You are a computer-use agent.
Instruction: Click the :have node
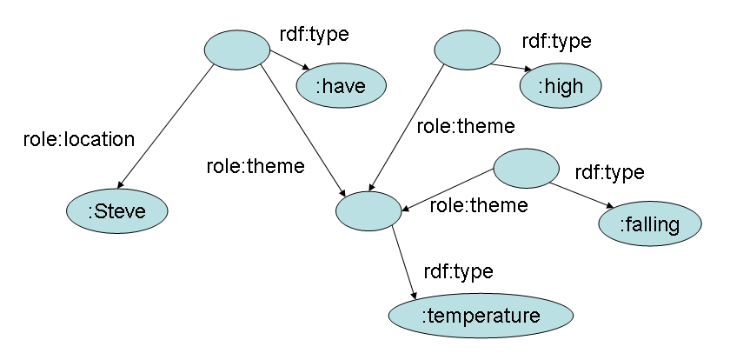tap(342, 84)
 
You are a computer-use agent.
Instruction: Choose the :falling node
tap(650, 224)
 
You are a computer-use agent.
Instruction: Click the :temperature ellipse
tap(481, 316)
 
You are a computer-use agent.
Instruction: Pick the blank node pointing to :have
tap(237, 49)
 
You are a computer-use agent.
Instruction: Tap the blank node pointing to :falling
tap(527, 168)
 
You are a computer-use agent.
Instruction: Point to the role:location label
tap(79, 138)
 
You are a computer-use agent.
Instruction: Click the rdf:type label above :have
tap(314, 35)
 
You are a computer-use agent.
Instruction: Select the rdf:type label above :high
tap(556, 41)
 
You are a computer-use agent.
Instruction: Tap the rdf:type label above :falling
tap(609, 171)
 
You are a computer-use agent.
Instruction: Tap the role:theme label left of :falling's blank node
tap(479, 206)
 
